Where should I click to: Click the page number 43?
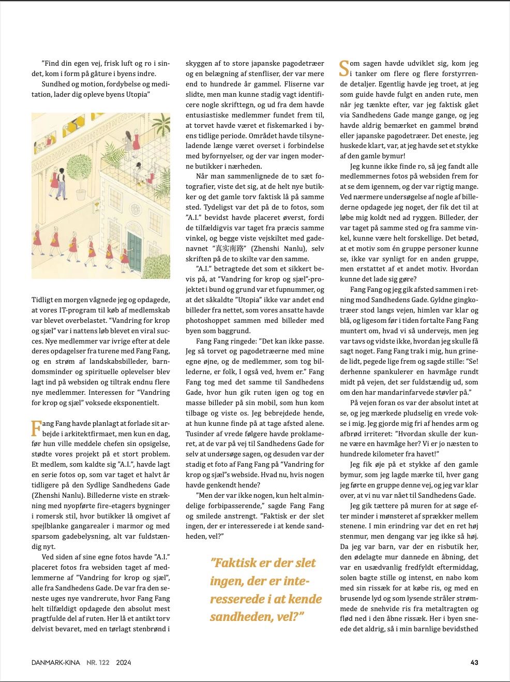474,662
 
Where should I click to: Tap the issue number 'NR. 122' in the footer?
98,662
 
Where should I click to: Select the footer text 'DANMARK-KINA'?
55,662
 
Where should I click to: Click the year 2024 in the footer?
124,662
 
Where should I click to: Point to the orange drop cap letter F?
36,428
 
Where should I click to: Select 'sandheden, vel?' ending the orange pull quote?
257,616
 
